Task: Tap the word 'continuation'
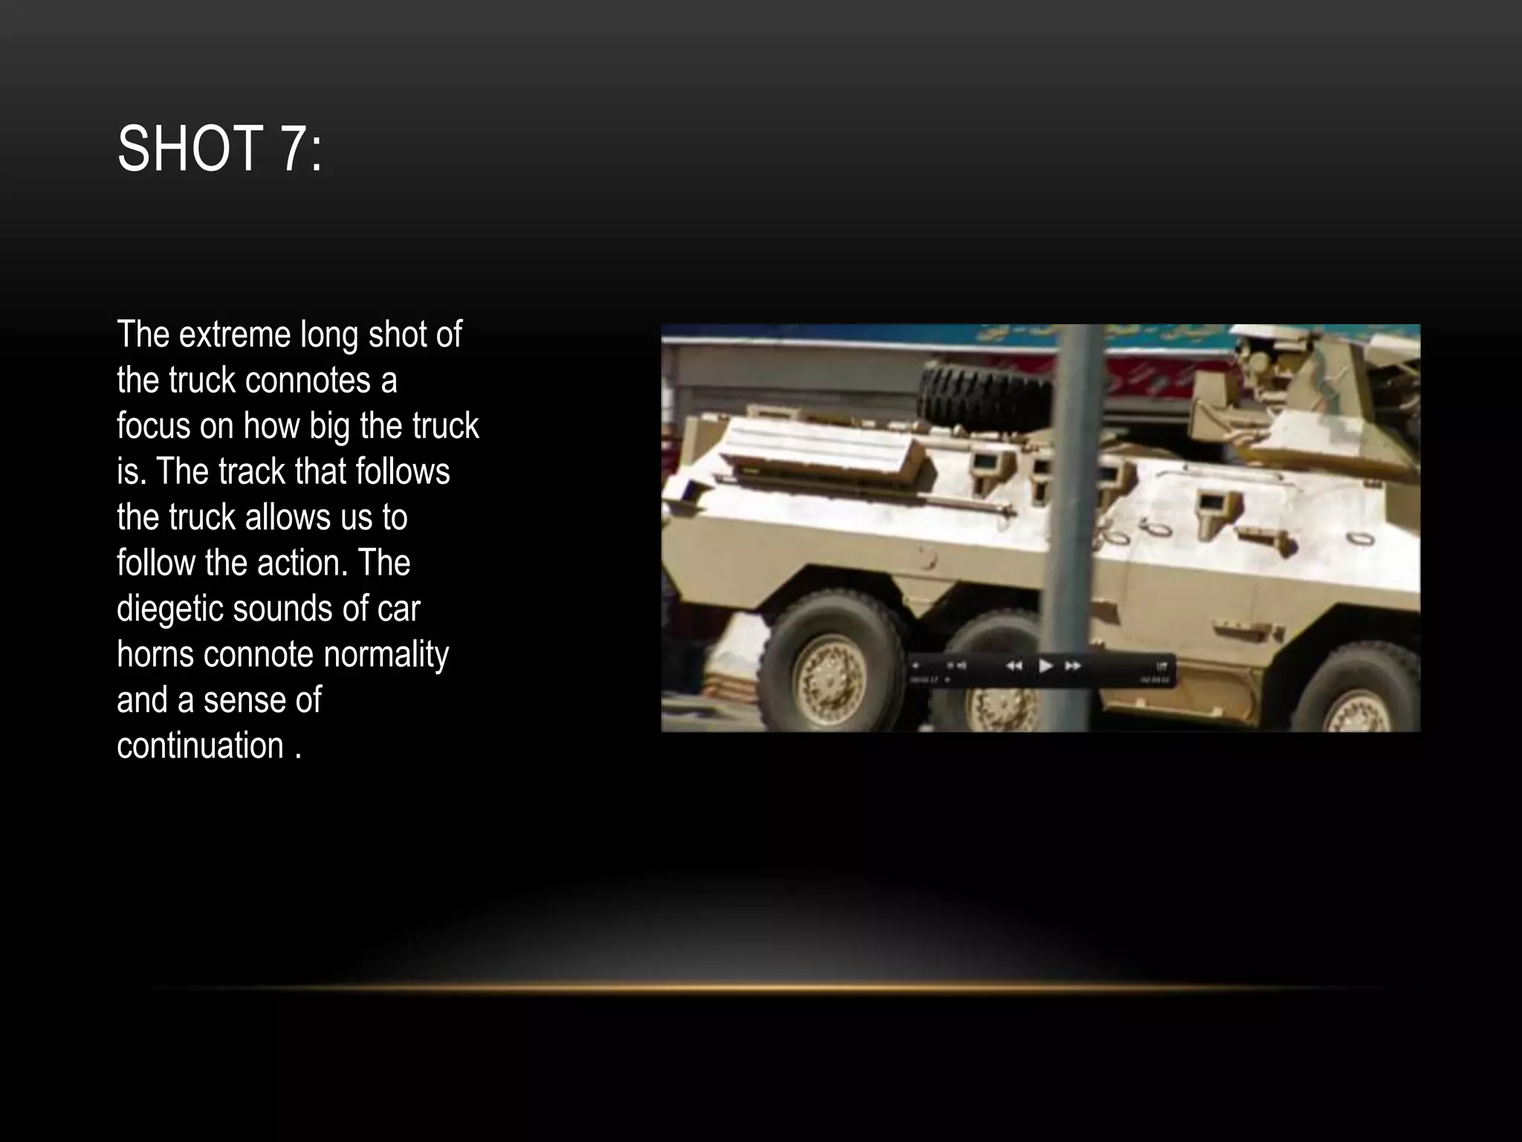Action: click(201, 746)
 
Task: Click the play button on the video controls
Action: click(1045, 665)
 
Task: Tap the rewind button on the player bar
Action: click(1014, 665)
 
